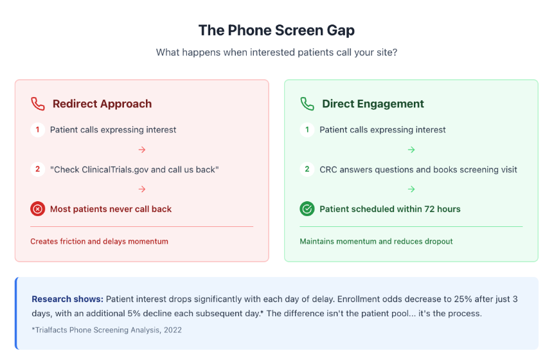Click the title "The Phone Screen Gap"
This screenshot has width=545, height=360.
point(276,30)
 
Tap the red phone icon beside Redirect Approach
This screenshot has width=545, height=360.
point(38,104)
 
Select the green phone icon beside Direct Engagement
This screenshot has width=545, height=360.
point(307,104)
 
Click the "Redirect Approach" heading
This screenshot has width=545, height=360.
point(102,104)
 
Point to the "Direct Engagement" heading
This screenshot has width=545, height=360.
point(373,104)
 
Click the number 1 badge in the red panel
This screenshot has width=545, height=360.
point(37,130)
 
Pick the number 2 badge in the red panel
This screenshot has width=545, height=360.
point(37,170)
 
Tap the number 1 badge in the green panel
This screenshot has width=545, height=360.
point(307,130)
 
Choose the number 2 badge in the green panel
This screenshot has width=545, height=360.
point(307,170)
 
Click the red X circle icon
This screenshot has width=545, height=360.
point(37,209)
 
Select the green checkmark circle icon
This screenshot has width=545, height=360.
point(307,209)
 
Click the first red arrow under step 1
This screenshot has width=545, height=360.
point(142,150)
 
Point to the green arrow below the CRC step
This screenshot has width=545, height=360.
point(411,190)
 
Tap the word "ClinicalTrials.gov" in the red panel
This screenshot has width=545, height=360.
point(118,170)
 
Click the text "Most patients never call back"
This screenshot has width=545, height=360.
point(111,209)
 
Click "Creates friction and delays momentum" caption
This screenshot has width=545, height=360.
point(99,242)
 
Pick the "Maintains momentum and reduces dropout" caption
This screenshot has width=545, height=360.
point(376,242)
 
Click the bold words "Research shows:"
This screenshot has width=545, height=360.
point(67,299)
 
